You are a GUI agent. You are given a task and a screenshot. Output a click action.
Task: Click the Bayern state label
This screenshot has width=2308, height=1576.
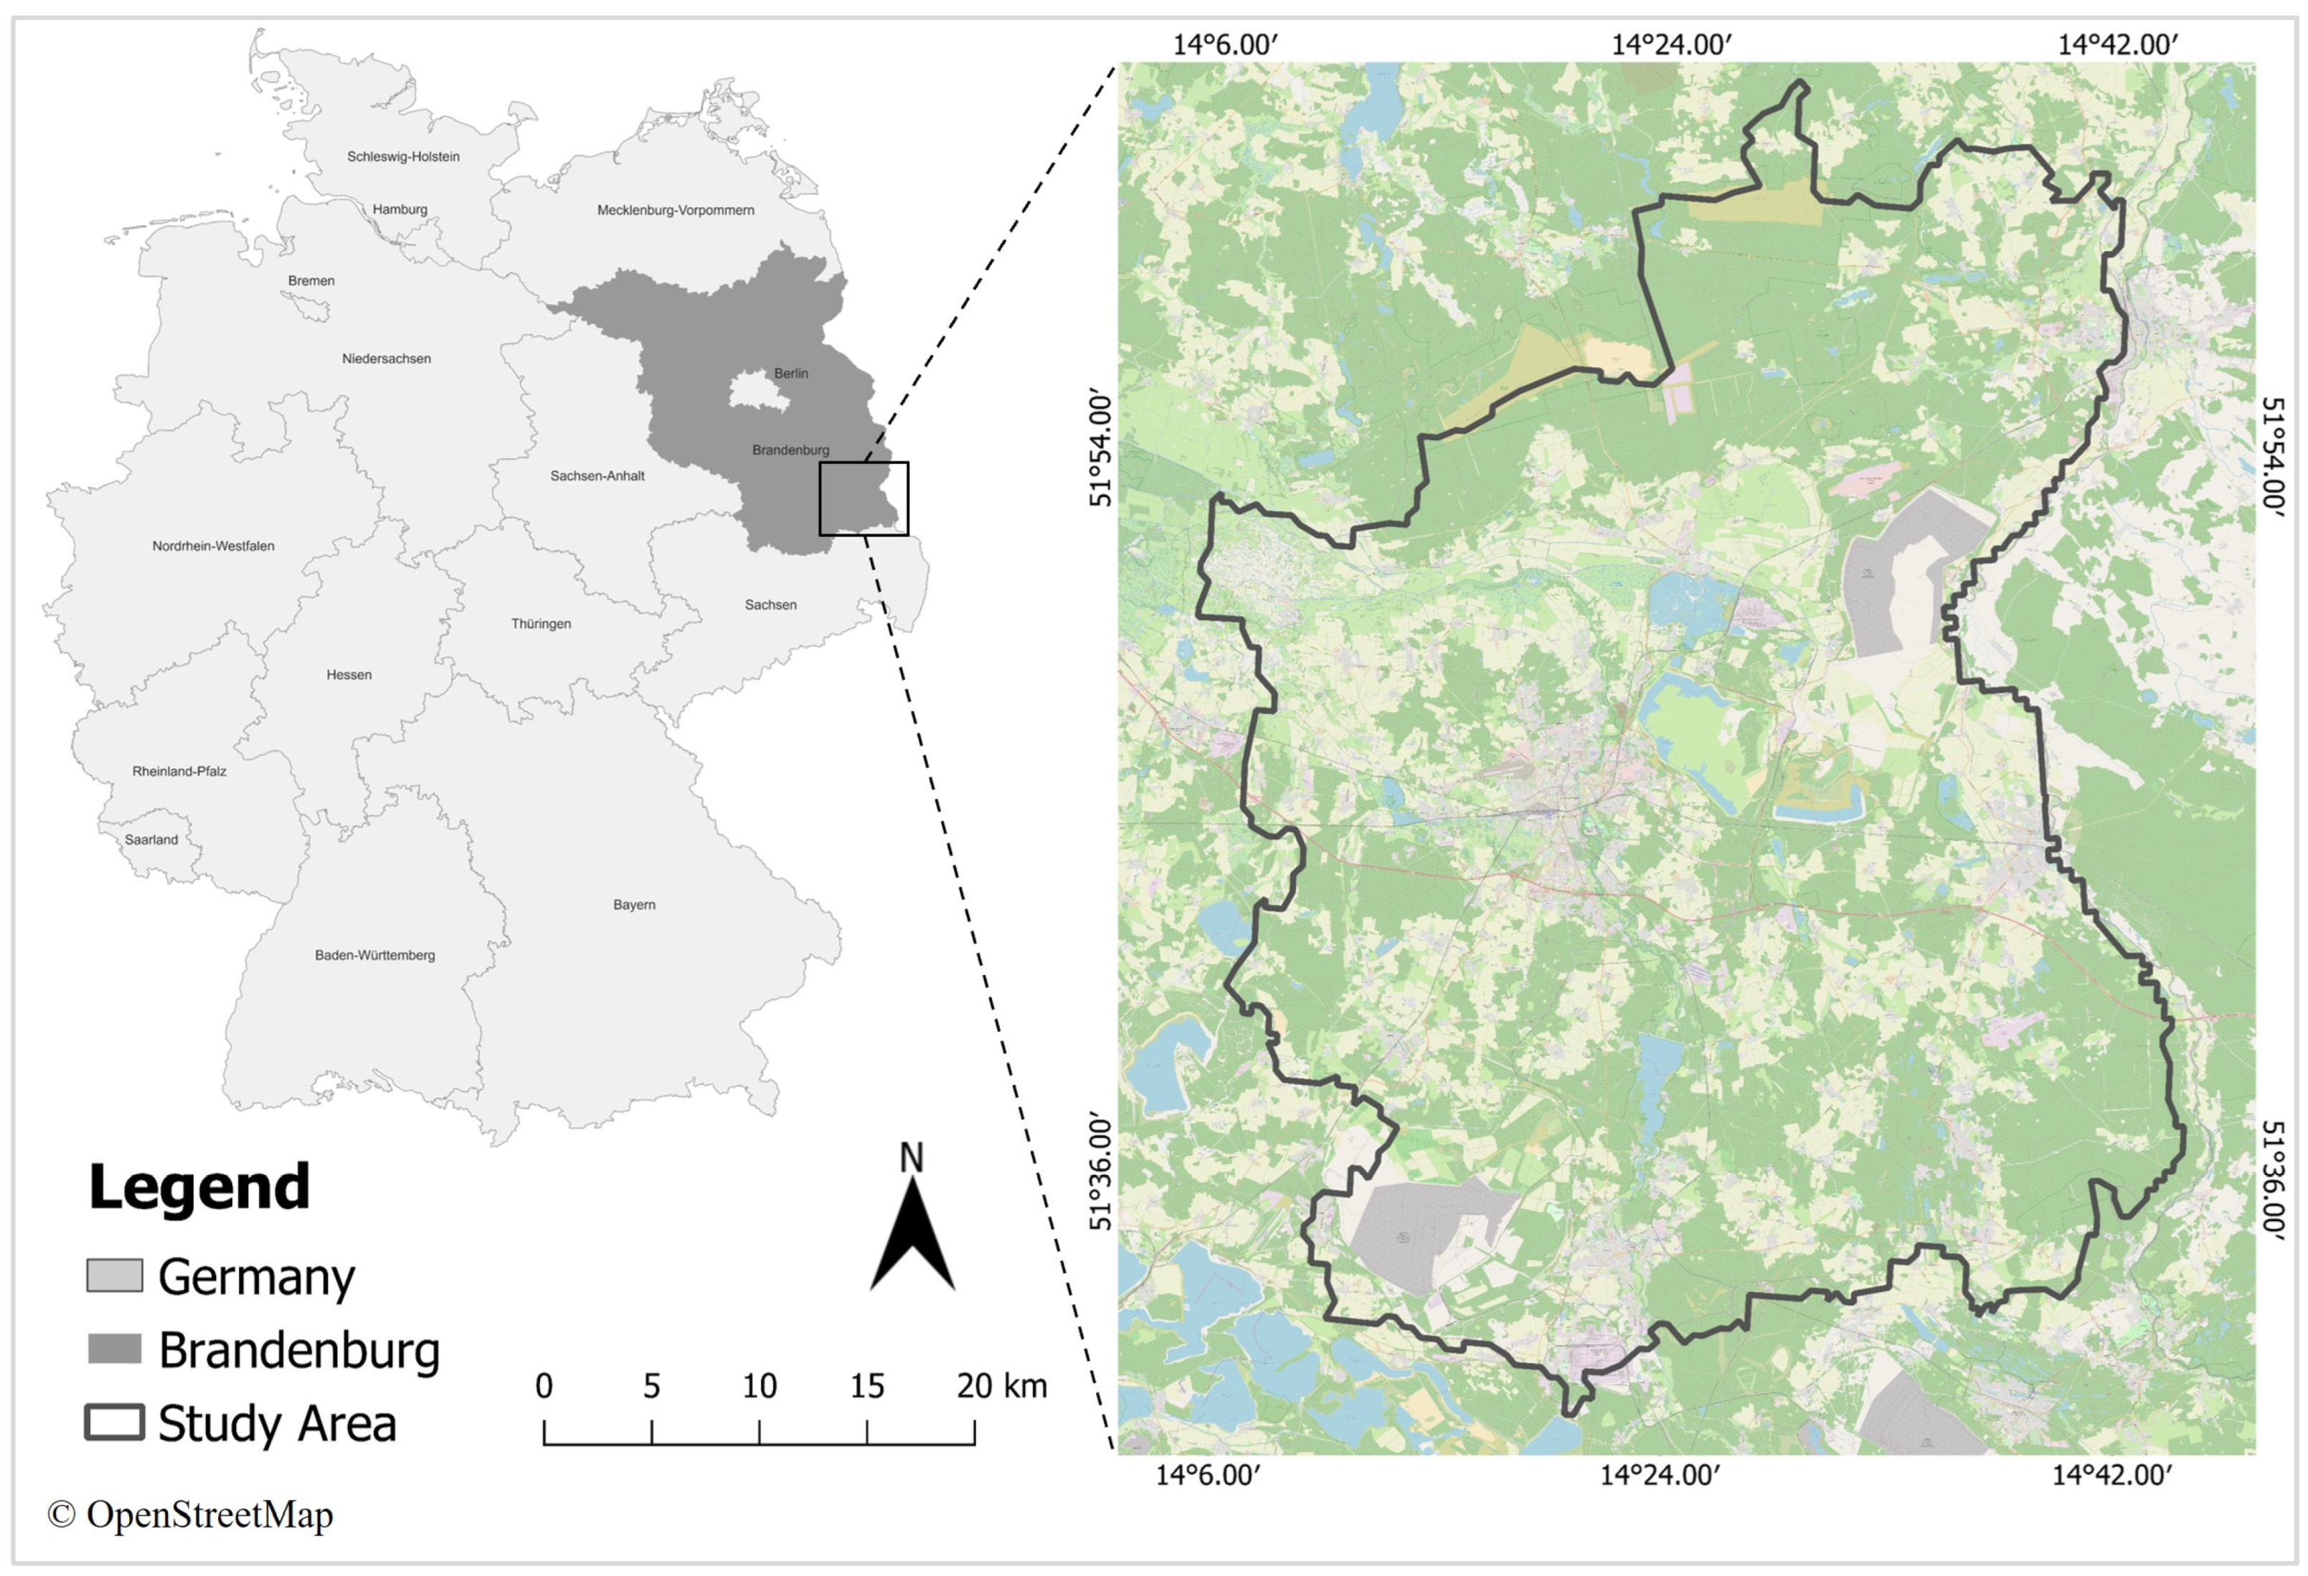tap(633, 905)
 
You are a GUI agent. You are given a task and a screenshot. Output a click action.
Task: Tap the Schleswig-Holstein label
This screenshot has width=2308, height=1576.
tap(403, 157)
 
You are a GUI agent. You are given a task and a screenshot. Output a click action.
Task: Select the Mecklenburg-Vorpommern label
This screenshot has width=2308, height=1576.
tap(676, 211)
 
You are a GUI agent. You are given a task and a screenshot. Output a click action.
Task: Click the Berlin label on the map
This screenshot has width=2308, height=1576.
tap(790, 374)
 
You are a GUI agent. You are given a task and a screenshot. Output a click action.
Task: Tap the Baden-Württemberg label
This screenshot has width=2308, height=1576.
tap(374, 955)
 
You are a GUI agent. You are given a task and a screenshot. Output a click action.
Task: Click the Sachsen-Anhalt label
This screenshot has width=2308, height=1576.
tap(597, 475)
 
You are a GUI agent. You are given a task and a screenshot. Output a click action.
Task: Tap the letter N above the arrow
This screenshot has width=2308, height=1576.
tap(911, 1158)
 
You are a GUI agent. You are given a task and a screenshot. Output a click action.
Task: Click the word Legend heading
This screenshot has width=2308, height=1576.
tap(199, 1187)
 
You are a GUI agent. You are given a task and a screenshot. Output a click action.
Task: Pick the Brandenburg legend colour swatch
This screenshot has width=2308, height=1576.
tap(114, 1349)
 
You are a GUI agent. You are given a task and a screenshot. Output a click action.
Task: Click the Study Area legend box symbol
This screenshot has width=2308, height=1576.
tap(114, 1422)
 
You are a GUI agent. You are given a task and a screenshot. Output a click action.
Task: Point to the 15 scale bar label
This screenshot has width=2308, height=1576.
tap(866, 1386)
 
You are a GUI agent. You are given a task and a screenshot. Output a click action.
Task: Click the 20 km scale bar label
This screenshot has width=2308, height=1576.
tap(1001, 1386)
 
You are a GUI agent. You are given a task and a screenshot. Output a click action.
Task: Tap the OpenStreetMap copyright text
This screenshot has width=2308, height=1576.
tap(191, 1514)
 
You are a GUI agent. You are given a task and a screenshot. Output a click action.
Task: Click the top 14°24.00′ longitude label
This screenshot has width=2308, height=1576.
tap(1671, 44)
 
